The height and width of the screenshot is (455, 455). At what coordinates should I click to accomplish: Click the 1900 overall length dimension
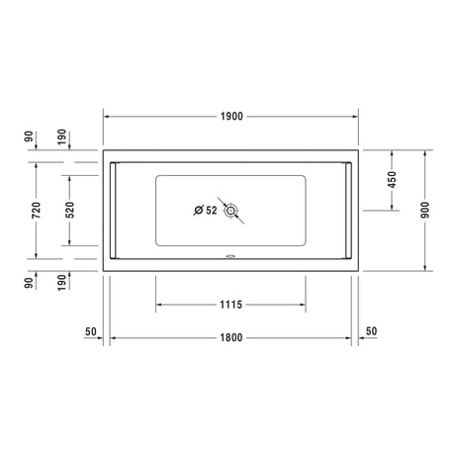[231, 117]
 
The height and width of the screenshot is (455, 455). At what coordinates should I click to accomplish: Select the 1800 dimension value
[231, 337]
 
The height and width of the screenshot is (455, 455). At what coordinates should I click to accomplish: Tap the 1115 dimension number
[230, 305]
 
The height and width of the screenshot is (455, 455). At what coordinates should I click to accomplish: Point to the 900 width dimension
[425, 210]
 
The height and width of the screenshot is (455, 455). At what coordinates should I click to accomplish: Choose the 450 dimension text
[392, 180]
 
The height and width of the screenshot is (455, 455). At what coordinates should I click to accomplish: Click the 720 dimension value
[36, 211]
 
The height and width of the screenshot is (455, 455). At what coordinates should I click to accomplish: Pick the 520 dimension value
[70, 210]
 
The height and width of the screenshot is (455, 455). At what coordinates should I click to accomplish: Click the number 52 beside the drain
[212, 210]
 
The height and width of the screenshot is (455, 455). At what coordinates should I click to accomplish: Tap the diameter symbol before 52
[199, 210]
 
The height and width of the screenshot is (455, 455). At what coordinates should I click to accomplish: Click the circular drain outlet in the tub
[230, 210]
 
